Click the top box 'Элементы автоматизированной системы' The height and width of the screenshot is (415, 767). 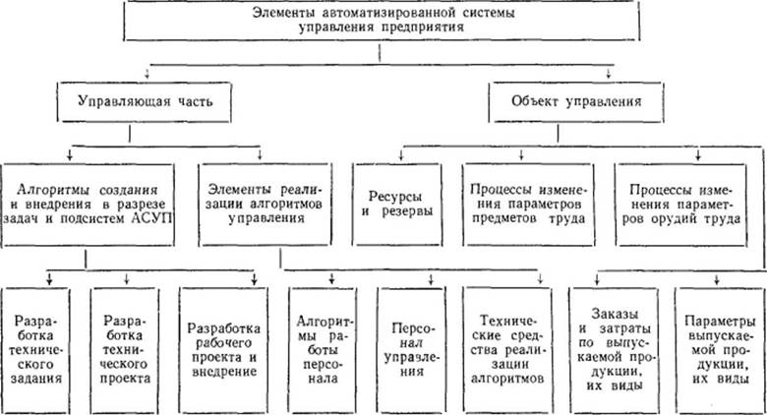coord(382,21)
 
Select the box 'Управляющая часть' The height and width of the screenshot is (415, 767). coord(145,102)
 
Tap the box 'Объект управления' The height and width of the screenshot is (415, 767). coord(576,102)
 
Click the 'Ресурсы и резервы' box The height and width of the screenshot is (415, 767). coord(397,205)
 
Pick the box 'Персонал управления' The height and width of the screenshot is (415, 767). coord(411,350)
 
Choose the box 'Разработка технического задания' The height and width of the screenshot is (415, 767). coord(36,350)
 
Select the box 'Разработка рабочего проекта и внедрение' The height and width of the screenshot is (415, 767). coord(223,350)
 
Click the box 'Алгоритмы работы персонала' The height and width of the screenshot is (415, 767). coord(323,350)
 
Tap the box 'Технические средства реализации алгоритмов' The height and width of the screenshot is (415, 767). coord(506,350)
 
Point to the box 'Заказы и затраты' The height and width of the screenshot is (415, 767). coord(613,350)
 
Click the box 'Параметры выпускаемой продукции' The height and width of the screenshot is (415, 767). coord(719,350)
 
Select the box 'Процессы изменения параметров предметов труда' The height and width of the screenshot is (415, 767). coord(528,205)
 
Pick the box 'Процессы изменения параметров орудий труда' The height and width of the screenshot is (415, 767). coord(680,205)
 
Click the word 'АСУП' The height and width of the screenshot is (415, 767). coord(152,218)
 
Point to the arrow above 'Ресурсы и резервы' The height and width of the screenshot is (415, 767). coord(401,153)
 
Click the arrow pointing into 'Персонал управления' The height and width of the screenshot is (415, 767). coord(431,278)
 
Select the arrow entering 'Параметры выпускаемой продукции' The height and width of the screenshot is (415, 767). coord(717,278)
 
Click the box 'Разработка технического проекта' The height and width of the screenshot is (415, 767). coord(125,350)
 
